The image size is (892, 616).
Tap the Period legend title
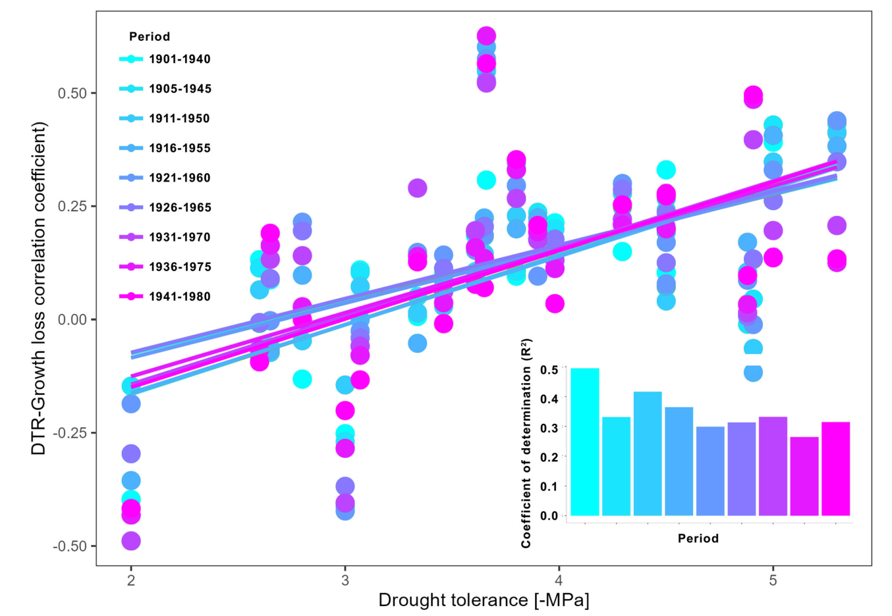[x=150, y=37]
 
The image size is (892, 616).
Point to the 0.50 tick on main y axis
[x=72, y=93]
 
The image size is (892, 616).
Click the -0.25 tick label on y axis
[x=70, y=433]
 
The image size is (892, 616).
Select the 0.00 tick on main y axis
[x=72, y=320]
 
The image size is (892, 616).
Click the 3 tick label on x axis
[x=345, y=580]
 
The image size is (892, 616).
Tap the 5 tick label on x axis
[x=773, y=580]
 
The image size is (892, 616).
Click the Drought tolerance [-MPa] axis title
[x=484, y=600]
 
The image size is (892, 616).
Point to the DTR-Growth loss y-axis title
[x=40, y=288]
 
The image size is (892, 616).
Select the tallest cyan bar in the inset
[x=584, y=442]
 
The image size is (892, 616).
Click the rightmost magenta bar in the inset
[x=835, y=469]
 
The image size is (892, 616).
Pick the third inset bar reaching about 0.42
[x=648, y=453]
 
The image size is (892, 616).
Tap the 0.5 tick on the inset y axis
[x=549, y=370]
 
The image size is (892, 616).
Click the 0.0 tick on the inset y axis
[x=549, y=516]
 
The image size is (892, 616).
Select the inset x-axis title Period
[x=698, y=538]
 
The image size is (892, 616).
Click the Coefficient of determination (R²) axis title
[x=526, y=444]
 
